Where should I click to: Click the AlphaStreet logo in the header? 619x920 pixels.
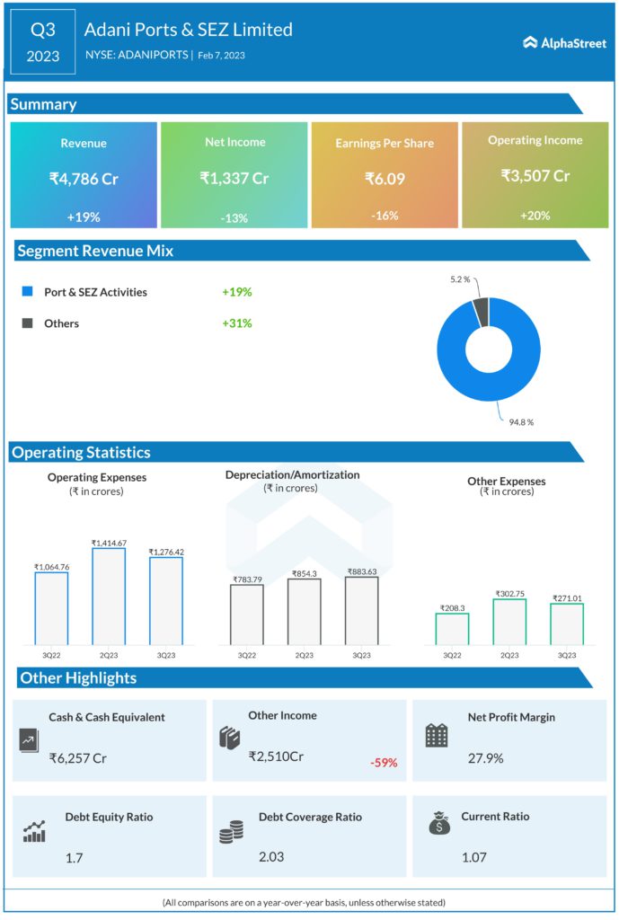pos(563,42)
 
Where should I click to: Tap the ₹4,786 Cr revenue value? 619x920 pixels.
pos(84,179)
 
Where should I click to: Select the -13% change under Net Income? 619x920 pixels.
pos(234,217)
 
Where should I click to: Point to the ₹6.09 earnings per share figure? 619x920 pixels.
pos(385,179)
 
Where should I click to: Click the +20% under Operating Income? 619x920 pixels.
pos(535,216)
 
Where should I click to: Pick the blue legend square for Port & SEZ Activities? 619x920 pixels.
pos(27,292)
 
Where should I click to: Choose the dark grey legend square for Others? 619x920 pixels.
pos(27,323)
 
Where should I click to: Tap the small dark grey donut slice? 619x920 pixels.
pos(481,311)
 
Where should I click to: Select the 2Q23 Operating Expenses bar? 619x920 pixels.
pos(109,596)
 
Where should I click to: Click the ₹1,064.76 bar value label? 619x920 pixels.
pos(51,566)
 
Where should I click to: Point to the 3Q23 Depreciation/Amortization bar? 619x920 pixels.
pos(361,610)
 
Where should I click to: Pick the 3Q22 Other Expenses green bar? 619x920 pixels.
pos(452,628)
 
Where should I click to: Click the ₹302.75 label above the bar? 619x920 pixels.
pos(509,594)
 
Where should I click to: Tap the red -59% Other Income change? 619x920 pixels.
pos(384,763)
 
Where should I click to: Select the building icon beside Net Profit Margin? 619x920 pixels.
pos(437,736)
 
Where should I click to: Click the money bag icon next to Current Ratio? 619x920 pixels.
pos(440,824)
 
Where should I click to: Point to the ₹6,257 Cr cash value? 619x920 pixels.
pos(78,758)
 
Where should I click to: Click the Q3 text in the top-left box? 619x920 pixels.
pos(43,30)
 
